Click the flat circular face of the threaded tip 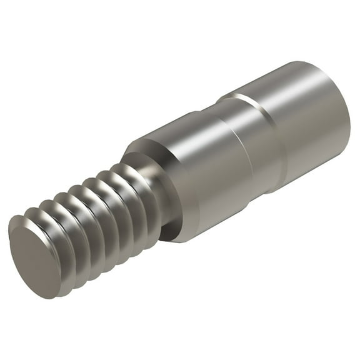point(34,253)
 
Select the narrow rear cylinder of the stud point(306,119)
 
